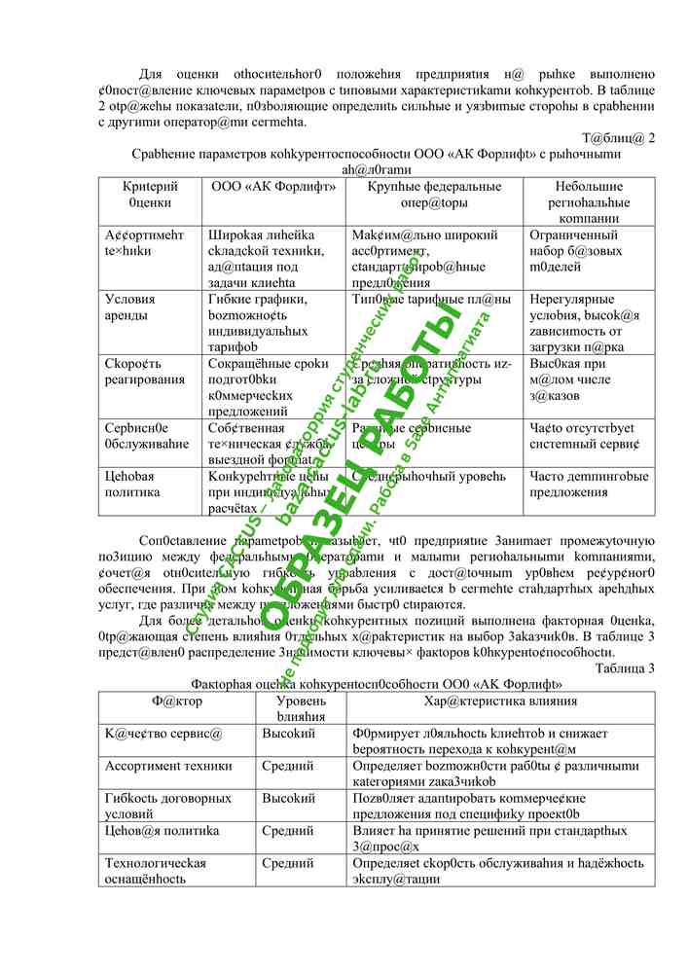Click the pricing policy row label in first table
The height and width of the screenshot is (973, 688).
(x=130, y=484)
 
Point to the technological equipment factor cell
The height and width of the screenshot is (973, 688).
(x=156, y=870)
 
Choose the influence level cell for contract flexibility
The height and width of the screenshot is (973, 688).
(x=289, y=798)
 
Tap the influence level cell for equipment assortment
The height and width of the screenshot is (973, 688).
(x=287, y=766)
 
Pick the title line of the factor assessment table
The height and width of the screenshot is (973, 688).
(x=377, y=684)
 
